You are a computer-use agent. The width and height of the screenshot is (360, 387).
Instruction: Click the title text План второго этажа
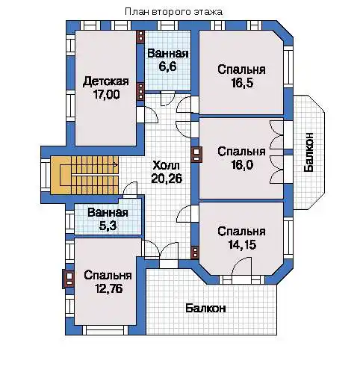173,12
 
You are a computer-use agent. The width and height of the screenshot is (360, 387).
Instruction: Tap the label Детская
106,81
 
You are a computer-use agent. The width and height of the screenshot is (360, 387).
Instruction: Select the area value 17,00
106,94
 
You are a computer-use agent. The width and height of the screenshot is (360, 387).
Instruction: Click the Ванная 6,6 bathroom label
168,60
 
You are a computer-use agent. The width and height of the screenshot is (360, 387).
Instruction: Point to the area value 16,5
242,83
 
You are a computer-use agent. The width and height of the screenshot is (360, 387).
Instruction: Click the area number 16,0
242,164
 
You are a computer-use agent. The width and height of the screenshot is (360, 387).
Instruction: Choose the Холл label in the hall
166,165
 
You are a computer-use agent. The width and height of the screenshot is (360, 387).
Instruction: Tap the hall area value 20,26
167,179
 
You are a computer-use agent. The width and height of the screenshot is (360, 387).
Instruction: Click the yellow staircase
84,175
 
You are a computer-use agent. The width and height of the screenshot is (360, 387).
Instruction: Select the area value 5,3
108,226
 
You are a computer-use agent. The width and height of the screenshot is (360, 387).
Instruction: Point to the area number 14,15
242,244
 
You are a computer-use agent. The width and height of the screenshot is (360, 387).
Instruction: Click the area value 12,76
108,288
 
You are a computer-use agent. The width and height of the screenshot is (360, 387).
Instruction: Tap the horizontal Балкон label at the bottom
205,309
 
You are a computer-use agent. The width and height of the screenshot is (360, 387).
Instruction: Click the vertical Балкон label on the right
308,152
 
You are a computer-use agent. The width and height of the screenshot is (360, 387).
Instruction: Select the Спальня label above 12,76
108,276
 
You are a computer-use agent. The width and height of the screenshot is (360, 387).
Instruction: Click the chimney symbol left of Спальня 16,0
196,154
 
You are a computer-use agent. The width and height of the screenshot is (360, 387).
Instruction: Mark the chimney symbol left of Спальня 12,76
68,279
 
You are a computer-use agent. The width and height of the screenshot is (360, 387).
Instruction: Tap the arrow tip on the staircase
117,164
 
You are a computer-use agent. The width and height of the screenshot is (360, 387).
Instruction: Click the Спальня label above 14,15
241,232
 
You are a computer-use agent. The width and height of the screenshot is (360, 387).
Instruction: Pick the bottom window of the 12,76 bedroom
105,329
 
